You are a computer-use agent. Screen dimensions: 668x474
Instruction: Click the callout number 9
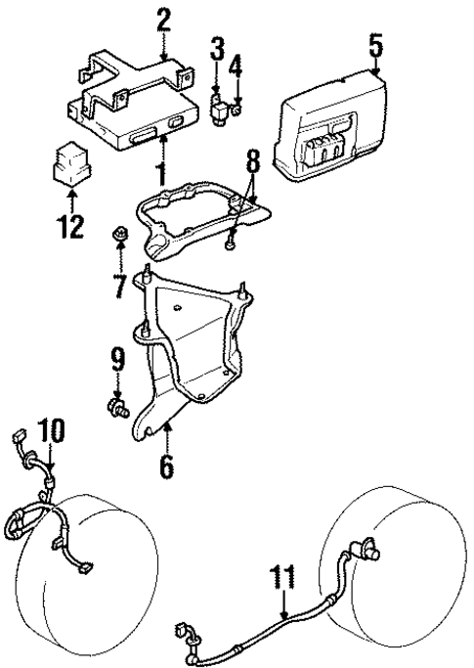(118, 362)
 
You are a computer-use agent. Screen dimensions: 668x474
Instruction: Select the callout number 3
(217, 47)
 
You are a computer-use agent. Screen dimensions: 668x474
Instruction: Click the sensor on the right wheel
(371, 549)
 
